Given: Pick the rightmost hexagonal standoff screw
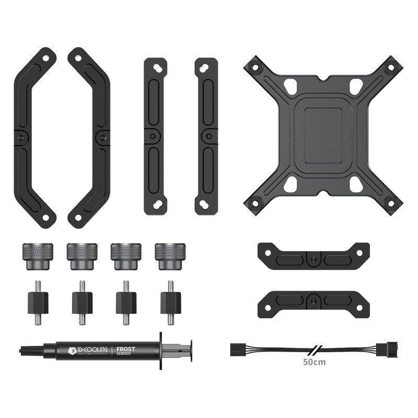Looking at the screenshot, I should (x=170, y=303).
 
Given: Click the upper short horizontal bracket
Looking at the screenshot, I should (x=312, y=256).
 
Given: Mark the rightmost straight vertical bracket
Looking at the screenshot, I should (x=206, y=136).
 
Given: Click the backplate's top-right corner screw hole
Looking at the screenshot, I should (x=390, y=67).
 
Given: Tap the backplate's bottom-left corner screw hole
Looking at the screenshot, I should (x=254, y=203).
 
